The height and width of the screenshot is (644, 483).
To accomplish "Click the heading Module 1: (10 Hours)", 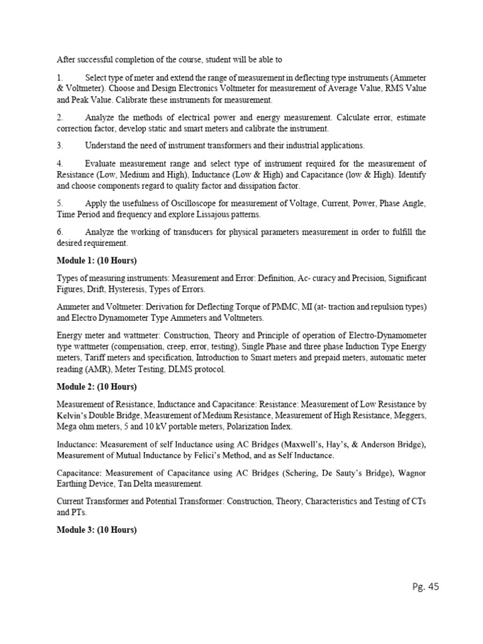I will (x=97, y=260).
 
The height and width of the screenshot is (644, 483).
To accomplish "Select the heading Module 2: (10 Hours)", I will (x=97, y=386).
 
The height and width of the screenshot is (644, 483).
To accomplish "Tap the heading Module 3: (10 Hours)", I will (x=97, y=530).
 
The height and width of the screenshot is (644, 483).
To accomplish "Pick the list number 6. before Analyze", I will (x=59, y=232).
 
